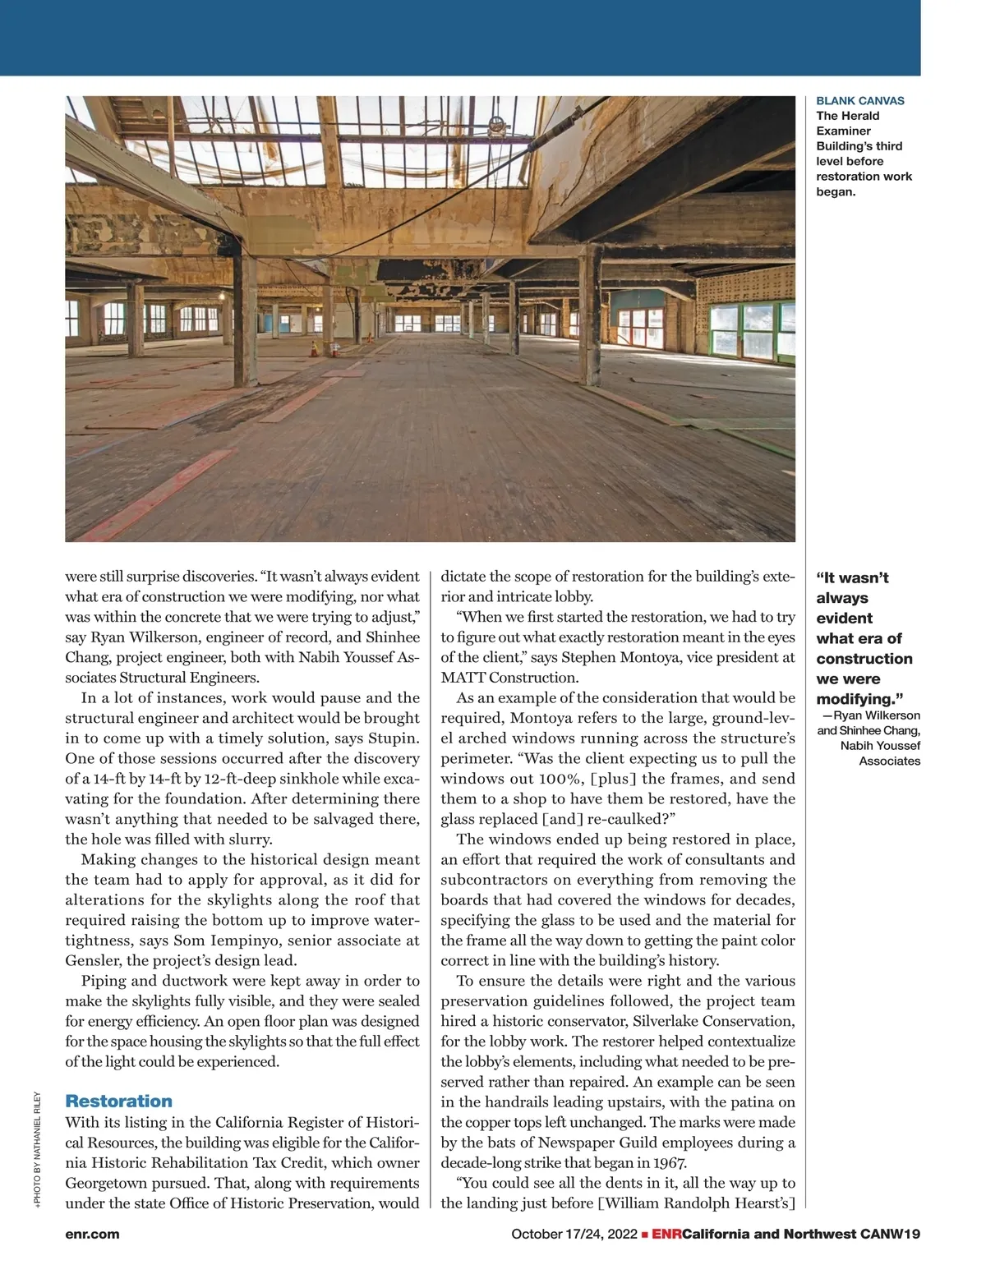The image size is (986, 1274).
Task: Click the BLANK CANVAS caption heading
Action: click(859, 101)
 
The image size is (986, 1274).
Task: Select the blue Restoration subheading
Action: click(118, 1101)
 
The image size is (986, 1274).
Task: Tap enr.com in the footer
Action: click(92, 1234)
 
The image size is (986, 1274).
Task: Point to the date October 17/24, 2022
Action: click(574, 1234)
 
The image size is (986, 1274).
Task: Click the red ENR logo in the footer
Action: click(666, 1234)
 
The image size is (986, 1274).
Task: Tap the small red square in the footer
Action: click(645, 1234)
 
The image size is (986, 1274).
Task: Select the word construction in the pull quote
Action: click(864, 659)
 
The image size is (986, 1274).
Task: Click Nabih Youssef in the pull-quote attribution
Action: click(880, 746)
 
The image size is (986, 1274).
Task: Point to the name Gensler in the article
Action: click(90, 960)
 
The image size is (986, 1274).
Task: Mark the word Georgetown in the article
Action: click(105, 1183)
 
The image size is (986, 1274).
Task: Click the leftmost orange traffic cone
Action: click(312, 348)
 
